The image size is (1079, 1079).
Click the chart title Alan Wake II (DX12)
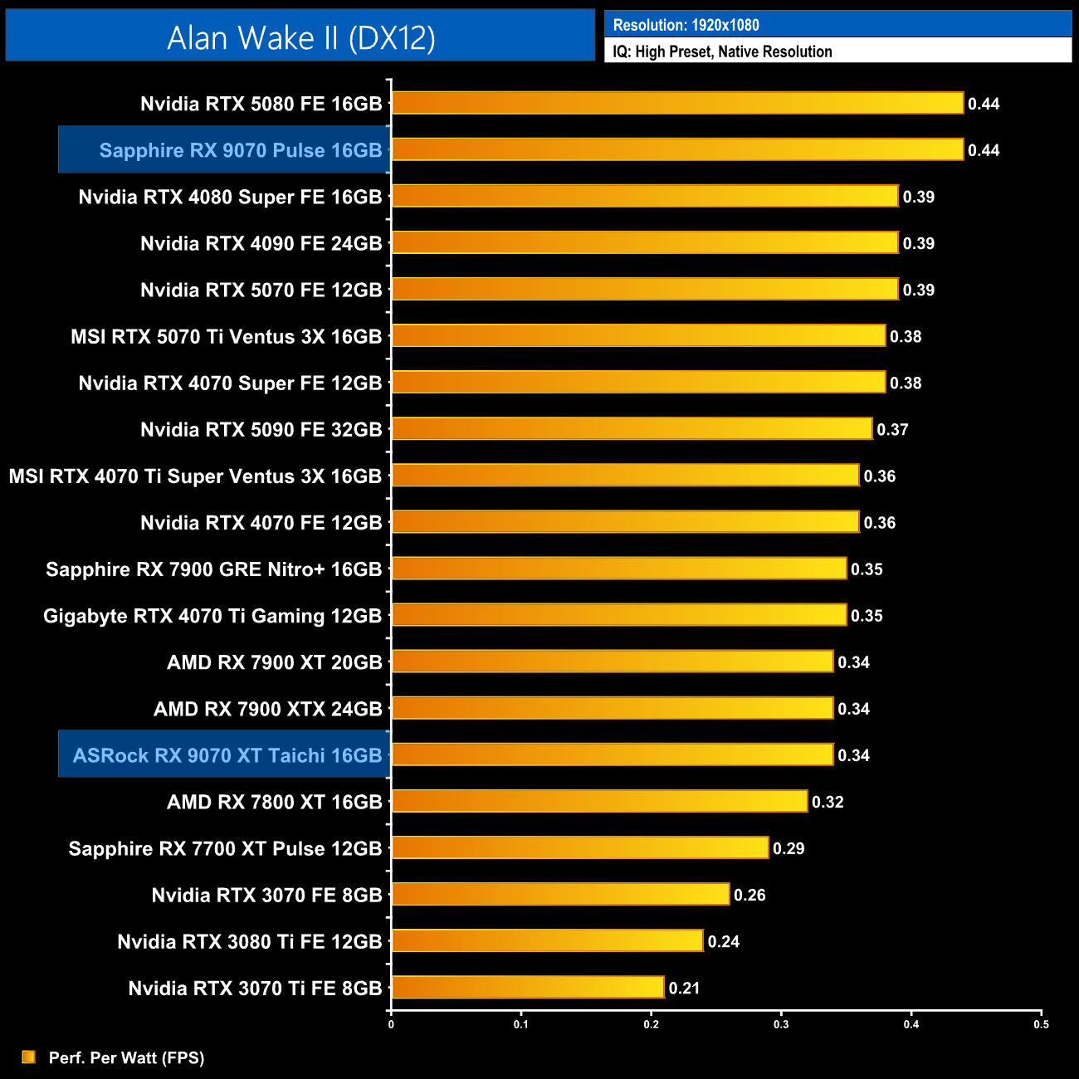(x=300, y=37)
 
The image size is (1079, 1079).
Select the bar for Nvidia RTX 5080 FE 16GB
(x=677, y=103)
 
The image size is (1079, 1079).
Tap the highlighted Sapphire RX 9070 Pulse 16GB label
(x=240, y=150)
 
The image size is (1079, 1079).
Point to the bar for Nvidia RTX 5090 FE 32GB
(x=632, y=429)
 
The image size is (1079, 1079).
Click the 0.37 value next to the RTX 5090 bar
(x=892, y=430)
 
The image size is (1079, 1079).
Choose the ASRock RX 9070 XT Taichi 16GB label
(x=227, y=755)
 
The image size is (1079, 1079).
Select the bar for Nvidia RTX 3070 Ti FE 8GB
(x=528, y=988)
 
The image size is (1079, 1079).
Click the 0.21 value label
(x=684, y=989)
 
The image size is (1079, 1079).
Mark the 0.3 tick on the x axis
(x=781, y=1024)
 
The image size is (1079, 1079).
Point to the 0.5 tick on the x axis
(x=1041, y=1024)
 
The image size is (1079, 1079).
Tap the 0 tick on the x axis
(x=391, y=1024)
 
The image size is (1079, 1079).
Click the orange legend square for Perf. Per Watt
(x=29, y=1057)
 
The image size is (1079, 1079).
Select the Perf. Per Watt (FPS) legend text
(x=126, y=1057)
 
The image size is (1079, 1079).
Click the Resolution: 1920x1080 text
(x=686, y=25)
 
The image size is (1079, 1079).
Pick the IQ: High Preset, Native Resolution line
(x=722, y=51)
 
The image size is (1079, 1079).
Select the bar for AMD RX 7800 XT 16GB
(x=599, y=801)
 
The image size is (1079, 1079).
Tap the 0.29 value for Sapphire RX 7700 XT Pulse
(x=788, y=848)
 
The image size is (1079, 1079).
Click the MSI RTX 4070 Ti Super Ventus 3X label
(x=195, y=476)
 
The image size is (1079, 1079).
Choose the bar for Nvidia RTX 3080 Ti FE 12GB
(x=547, y=941)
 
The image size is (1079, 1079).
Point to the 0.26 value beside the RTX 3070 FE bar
(x=749, y=895)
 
